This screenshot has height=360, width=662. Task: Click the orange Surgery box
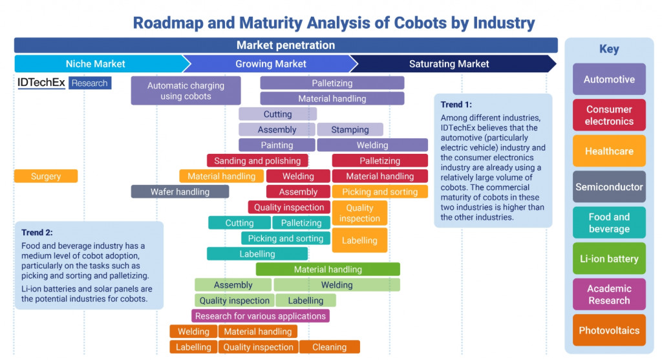(45, 176)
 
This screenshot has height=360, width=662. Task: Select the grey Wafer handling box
(180, 191)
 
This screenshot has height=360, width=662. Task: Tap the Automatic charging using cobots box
(186, 90)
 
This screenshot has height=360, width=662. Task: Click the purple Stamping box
(350, 129)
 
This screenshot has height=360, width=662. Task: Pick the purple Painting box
(277, 145)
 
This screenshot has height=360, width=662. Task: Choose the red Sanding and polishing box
(257, 160)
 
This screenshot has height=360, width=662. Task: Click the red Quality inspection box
(288, 207)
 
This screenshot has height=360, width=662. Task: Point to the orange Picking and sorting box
(379, 191)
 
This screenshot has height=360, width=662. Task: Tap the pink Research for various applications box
(261, 315)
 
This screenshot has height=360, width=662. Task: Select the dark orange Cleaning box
(329, 346)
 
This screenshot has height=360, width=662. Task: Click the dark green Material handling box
(328, 269)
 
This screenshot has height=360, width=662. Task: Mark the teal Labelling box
(257, 253)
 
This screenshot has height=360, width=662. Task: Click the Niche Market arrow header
(97, 63)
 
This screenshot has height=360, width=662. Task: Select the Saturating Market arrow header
(449, 63)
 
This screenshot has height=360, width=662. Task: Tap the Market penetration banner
(285, 45)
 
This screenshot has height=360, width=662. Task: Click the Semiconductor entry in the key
(609, 187)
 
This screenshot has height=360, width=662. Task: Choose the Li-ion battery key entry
(609, 259)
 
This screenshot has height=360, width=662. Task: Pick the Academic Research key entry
(609, 294)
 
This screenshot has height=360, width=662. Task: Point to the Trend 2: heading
(37, 232)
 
